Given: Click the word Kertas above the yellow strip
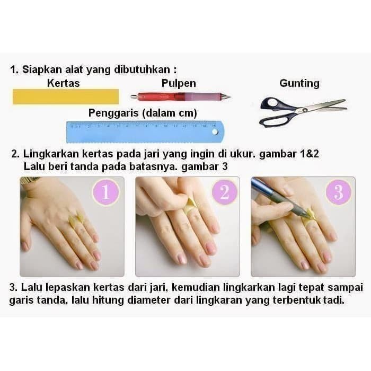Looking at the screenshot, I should (63, 83).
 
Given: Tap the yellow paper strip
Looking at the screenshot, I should (66, 96).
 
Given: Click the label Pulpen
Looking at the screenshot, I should (179, 83).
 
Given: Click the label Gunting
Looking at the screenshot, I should (299, 83).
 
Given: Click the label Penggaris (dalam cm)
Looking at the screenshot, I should (143, 113).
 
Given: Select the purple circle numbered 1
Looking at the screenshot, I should (105, 192).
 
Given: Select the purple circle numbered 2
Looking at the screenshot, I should (225, 192).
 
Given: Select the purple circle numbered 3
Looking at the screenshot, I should (338, 192).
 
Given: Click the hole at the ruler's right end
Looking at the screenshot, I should (215, 131).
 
